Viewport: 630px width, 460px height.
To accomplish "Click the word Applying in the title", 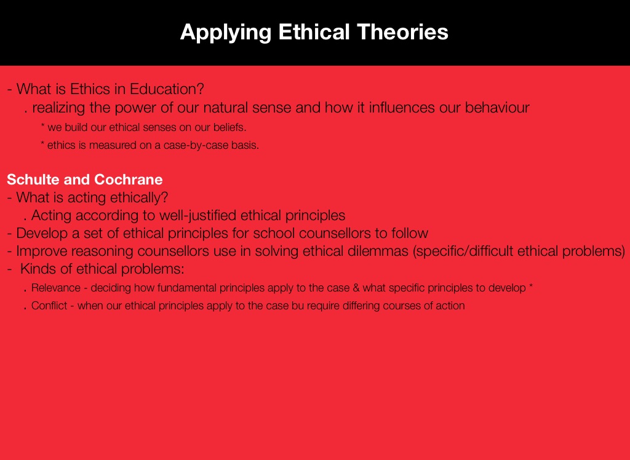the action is [x=225, y=32].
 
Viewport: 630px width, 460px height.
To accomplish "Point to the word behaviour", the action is [x=497, y=107].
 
